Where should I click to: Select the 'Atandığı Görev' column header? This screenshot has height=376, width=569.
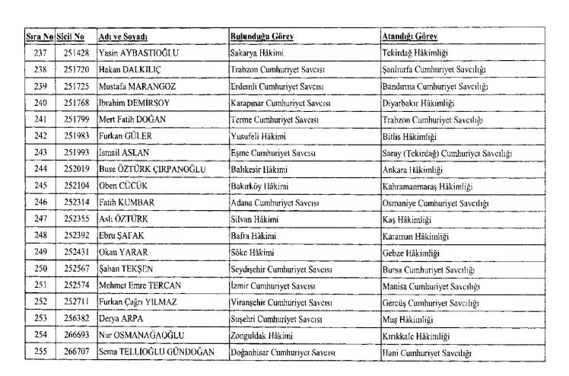pos(409,37)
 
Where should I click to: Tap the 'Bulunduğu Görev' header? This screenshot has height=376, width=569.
pos(262,37)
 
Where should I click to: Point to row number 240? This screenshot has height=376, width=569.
pos(40,103)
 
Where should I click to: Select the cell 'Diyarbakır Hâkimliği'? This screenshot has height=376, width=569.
pos(418,103)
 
